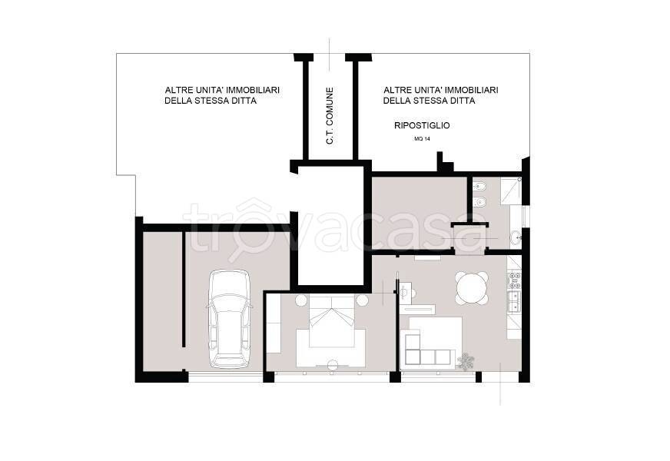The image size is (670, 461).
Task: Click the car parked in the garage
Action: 229,319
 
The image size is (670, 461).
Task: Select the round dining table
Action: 471,287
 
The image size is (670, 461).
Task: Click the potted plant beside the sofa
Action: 466,361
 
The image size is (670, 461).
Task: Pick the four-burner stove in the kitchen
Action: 515,280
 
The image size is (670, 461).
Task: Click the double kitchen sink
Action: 515,300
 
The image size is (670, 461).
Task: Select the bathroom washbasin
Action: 516,237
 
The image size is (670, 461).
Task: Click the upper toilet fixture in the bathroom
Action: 479,185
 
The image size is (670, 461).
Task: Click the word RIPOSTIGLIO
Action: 421,125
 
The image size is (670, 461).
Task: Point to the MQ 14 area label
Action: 422,138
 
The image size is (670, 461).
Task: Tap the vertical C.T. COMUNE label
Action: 330,116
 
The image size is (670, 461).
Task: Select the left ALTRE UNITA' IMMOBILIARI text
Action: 222,90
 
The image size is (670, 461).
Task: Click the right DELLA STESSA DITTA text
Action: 429,101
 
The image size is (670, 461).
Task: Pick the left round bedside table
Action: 301,300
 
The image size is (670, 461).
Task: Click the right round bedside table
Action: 363,300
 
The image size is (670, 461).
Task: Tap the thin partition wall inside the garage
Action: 184,289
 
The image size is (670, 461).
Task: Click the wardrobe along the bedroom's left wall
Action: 273,325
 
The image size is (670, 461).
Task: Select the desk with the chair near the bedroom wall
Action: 409,290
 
